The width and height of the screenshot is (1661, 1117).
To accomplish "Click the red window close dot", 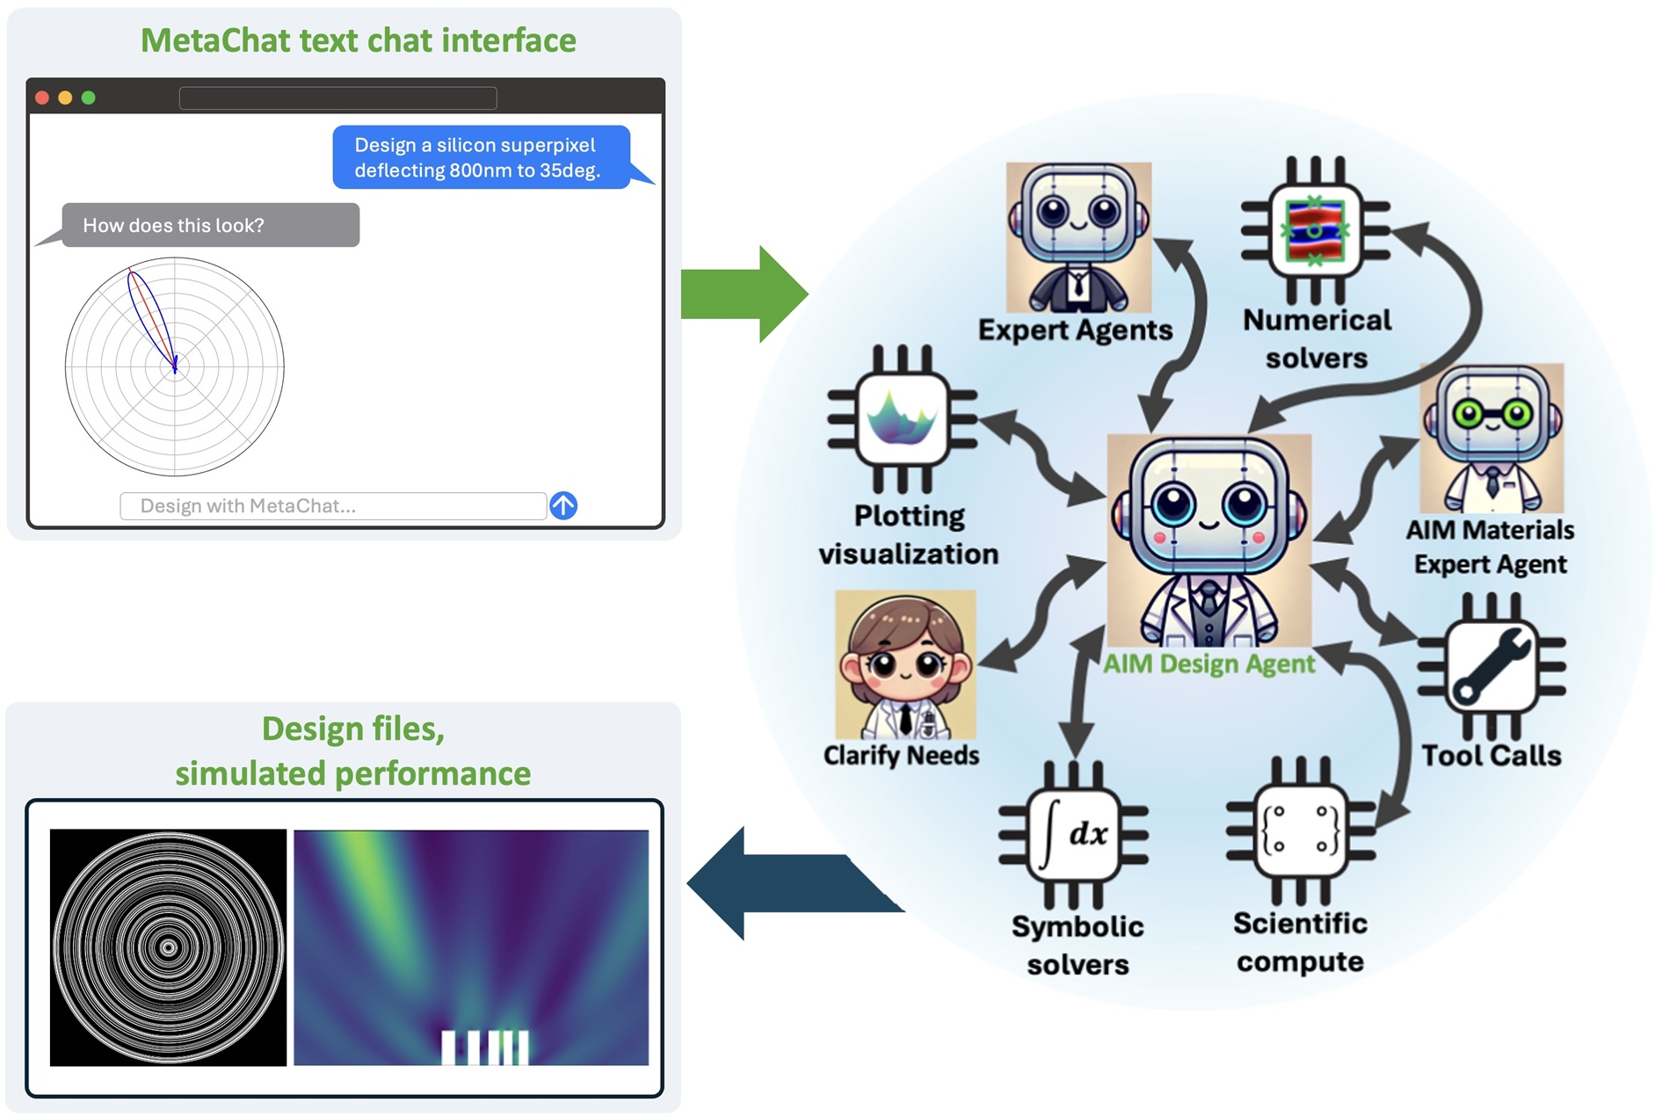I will point(41,98).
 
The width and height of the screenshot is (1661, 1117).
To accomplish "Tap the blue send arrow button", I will point(563,505).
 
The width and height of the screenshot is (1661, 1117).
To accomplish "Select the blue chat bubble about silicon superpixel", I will point(480,157).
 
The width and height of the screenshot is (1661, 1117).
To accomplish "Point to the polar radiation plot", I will point(174,366).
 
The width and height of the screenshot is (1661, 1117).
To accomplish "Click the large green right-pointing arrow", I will point(743,294).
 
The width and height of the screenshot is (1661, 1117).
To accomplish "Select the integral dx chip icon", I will point(1073,835).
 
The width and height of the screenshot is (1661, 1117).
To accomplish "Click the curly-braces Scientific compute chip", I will point(1301,830).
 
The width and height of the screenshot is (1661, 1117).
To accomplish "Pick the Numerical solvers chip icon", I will point(1315,230).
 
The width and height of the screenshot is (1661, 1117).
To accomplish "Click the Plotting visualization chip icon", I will point(903,419).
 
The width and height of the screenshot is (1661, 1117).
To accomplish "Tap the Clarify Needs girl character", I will point(905,664).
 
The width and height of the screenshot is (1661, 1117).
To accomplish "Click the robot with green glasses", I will point(1491,439).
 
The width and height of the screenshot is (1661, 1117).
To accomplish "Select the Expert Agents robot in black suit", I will point(1078,237).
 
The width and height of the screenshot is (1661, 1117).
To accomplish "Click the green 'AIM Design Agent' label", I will point(1208,664).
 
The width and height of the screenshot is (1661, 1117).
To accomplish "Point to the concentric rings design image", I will point(168,947).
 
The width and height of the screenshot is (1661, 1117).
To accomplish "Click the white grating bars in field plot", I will point(484,1047).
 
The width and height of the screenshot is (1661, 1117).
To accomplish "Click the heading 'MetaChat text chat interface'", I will point(358,40).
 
